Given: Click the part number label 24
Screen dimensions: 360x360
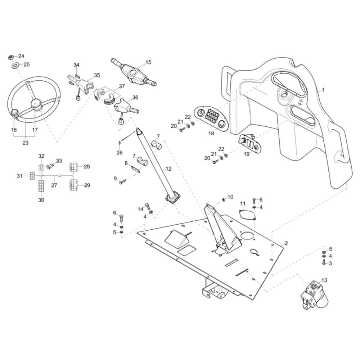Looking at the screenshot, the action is (x=21, y=56).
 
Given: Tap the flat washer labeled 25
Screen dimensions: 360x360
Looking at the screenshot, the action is (x=15, y=66).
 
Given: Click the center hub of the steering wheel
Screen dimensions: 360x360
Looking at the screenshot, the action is (x=36, y=104).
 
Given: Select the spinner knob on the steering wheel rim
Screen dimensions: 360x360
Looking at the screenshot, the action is (x=15, y=113).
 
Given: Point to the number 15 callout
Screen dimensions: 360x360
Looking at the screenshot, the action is (x=148, y=62).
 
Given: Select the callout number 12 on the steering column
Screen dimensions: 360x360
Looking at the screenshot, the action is (x=168, y=169).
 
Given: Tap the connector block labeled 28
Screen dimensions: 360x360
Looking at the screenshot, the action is (x=73, y=167).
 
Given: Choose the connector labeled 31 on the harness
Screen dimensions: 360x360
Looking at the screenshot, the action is (x=32, y=176).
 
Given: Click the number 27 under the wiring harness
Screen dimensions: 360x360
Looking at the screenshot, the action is (x=54, y=185).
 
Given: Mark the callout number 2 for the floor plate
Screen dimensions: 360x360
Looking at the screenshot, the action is (x=286, y=243).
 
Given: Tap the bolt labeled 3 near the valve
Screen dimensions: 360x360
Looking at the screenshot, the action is (x=324, y=262).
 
